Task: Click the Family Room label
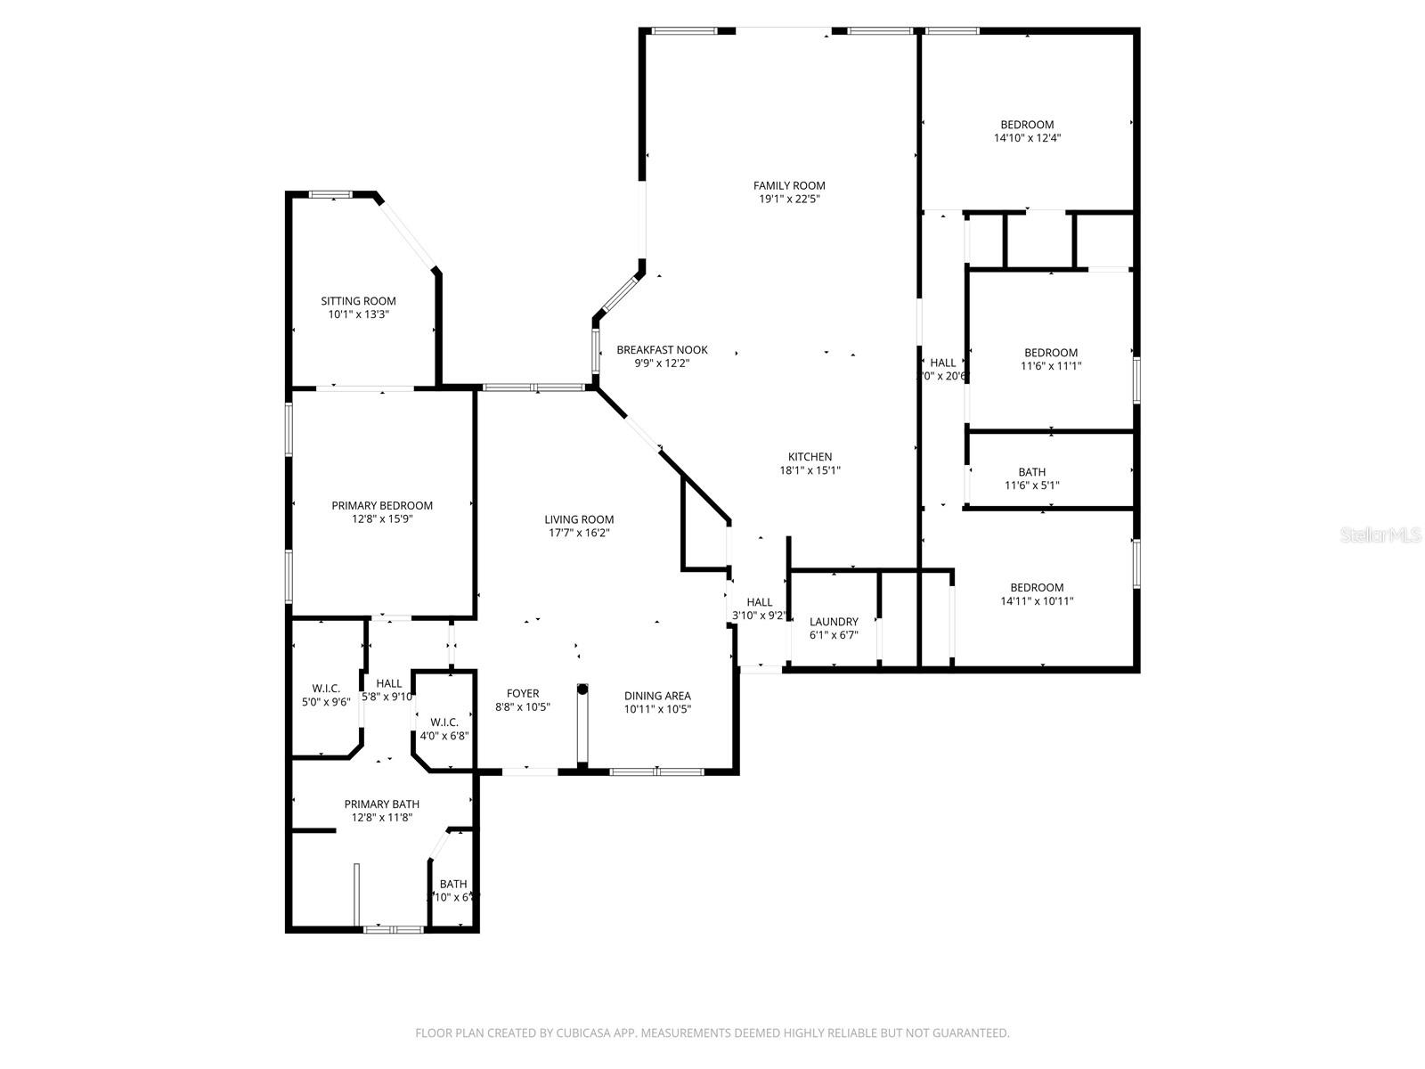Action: (x=789, y=185)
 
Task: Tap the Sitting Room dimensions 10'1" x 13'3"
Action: (x=358, y=314)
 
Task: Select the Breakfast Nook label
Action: (x=662, y=350)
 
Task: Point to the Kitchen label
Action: (x=810, y=457)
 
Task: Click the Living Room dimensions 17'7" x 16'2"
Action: (x=579, y=533)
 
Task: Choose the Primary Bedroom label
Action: (x=382, y=505)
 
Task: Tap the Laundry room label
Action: (x=834, y=622)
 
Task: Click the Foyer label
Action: (x=523, y=694)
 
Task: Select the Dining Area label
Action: (x=657, y=696)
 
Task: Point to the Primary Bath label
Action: (x=382, y=804)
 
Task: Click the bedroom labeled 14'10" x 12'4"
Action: (x=1027, y=125)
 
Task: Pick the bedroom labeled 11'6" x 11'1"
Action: (x=1051, y=353)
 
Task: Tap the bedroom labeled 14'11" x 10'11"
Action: (x=1037, y=588)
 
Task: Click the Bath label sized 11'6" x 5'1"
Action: (x=1032, y=472)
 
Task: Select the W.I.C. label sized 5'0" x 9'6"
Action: (x=326, y=689)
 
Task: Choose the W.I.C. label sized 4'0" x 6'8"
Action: (x=444, y=722)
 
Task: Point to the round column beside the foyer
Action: (x=582, y=689)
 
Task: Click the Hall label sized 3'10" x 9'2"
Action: (x=760, y=602)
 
